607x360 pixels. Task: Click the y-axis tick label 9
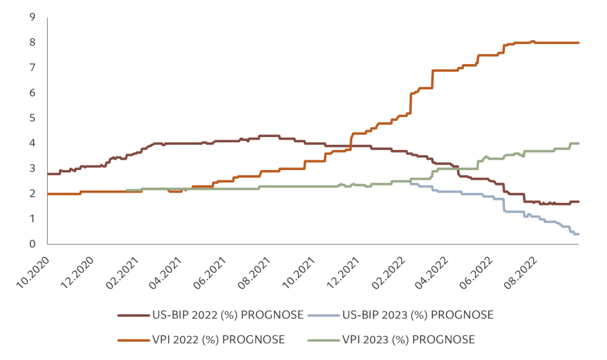[x=32, y=17]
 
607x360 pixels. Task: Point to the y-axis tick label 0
[x=32, y=244]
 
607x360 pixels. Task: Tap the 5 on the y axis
[x=32, y=118]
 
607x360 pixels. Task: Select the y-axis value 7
[x=32, y=68]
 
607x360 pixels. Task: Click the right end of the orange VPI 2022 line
[x=578, y=43]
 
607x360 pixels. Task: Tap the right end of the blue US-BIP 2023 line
[x=578, y=234]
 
